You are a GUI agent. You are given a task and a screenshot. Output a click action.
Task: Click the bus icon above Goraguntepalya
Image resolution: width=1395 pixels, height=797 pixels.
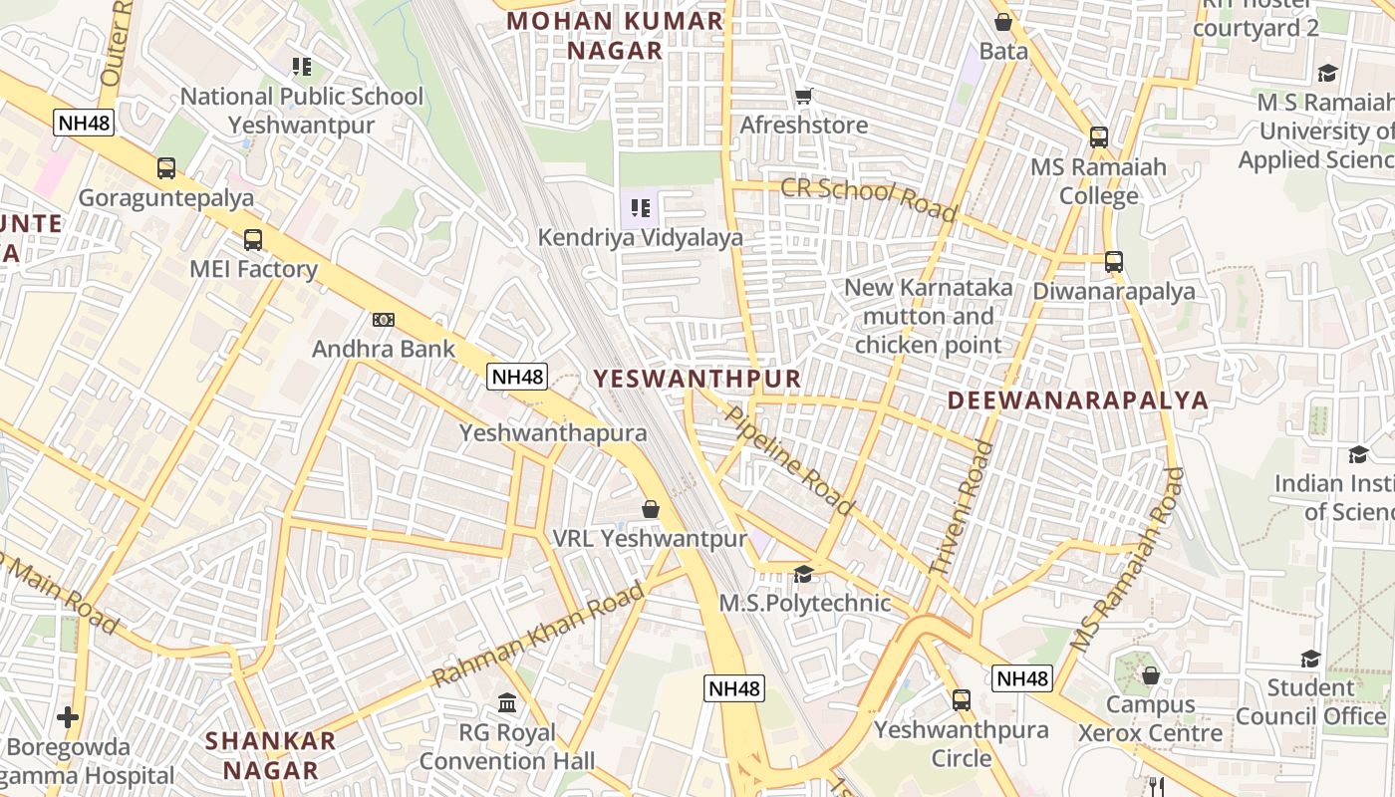click(166, 168)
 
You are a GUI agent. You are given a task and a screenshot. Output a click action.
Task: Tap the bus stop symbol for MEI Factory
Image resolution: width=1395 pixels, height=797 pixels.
click(253, 240)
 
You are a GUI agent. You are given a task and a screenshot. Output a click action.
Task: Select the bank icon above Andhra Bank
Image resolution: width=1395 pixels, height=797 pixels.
click(383, 320)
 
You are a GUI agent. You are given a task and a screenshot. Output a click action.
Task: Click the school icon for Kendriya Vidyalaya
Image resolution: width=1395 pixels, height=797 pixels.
click(640, 208)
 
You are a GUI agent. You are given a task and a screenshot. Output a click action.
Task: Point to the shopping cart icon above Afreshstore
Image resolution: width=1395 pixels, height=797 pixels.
click(803, 97)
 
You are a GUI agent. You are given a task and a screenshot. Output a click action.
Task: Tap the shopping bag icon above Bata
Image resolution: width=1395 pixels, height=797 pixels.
click(1003, 22)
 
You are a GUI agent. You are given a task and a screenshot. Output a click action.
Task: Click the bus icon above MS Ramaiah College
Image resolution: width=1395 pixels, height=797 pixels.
click(1099, 137)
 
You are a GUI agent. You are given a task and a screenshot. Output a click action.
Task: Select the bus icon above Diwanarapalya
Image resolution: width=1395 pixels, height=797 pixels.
click(1114, 262)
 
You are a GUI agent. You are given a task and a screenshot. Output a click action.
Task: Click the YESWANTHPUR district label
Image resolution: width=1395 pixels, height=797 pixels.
click(697, 379)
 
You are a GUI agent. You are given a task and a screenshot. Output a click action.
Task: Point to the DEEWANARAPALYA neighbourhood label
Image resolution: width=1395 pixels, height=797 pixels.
click(1077, 400)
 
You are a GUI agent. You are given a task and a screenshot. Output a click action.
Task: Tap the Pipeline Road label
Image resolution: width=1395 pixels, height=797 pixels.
click(790, 459)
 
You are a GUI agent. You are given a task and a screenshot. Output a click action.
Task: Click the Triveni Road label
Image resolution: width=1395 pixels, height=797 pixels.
click(962, 507)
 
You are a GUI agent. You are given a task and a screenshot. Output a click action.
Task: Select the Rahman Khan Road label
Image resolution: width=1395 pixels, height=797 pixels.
click(538, 635)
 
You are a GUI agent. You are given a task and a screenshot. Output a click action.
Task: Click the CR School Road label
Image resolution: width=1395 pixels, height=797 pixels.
click(868, 199)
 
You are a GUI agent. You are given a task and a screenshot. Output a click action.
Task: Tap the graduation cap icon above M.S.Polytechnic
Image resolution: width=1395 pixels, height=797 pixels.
click(803, 574)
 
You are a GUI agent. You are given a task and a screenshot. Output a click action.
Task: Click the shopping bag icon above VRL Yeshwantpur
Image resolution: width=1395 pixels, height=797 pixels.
click(651, 509)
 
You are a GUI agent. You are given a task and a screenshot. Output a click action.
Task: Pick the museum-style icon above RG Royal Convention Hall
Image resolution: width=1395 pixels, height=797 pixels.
click(507, 703)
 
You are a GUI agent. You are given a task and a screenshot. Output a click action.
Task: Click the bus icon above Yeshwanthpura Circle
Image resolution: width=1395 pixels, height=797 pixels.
click(962, 700)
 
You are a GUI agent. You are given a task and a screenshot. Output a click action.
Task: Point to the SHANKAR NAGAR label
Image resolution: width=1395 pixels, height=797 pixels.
click(270, 755)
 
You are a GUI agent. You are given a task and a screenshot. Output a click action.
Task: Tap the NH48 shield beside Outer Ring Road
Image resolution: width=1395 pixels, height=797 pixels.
click(84, 123)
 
